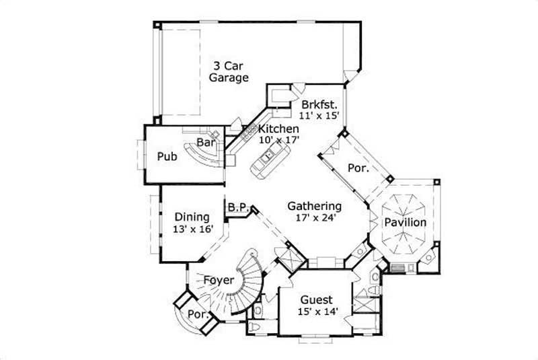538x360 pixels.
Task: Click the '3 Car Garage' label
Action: [222, 71]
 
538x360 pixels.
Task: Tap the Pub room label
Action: [167, 157]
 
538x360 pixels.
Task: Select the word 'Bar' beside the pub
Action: [205, 143]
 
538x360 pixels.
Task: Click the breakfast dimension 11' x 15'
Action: [319, 115]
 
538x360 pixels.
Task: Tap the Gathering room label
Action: [314, 206]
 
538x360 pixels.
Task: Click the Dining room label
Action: [192, 217]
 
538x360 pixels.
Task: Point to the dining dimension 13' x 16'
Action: [194, 229]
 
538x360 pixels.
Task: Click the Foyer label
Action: [219, 279]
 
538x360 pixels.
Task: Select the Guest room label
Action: [316, 299]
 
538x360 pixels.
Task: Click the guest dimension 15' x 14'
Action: [317, 311]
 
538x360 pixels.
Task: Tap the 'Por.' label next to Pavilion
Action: [358, 168]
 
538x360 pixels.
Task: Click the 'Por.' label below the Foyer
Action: [196, 314]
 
